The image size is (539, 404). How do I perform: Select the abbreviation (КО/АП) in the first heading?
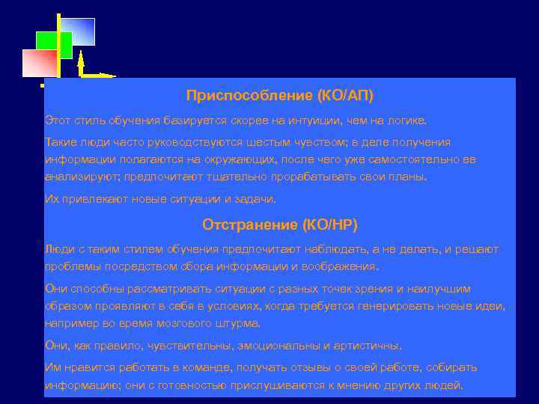pyautogui.click(x=345, y=96)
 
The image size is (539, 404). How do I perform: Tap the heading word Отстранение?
pyautogui.click(x=251, y=224)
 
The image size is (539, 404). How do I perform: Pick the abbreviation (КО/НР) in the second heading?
pyautogui.click(x=331, y=224)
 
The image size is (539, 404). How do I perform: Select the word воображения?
pyautogui.click(x=344, y=267)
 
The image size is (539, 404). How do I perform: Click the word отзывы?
pyautogui.click(x=313, y=367)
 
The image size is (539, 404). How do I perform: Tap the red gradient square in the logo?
pyautogui.click(x=40, y=64)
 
